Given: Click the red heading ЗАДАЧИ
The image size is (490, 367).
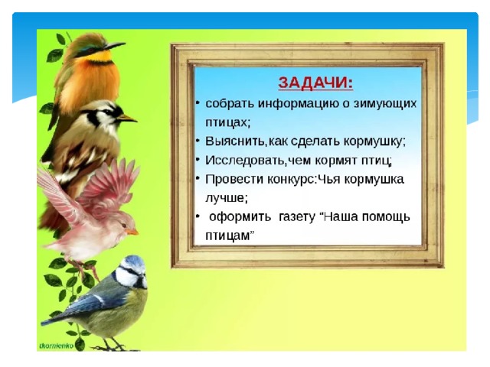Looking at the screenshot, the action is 315,83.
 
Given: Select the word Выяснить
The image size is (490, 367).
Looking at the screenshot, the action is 235,141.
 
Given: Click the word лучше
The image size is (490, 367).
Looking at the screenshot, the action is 227,198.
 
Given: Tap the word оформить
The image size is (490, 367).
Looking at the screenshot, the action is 240,217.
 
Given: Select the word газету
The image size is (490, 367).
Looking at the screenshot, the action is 296,217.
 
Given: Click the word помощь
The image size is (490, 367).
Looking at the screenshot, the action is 385,217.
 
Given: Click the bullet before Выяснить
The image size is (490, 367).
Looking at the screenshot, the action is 198,141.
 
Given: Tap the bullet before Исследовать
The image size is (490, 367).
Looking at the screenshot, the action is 198,160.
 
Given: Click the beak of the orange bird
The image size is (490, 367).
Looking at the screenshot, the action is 115,46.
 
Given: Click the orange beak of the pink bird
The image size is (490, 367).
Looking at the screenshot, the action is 132,232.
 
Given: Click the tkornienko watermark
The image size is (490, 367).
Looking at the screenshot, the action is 57,346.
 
